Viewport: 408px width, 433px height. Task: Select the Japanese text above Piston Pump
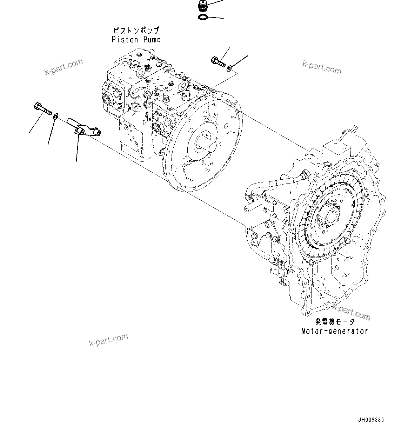coord(135,31)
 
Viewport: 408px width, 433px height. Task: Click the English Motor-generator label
coord(334,331)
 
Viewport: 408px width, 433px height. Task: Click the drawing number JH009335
coord(371,420)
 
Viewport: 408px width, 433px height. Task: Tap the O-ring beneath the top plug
coord(202,17)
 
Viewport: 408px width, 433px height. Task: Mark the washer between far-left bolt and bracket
coord(55,116)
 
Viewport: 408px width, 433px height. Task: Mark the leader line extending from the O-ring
coord(216,18)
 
